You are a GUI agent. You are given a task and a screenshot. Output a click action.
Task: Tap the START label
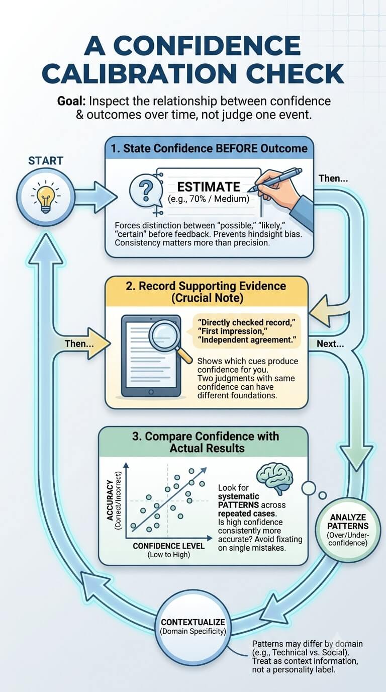tap(46, 160)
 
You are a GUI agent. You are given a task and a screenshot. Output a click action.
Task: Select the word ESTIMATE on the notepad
tap(209, 187)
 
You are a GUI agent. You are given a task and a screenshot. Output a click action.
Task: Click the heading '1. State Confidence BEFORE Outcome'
tap(210, 148)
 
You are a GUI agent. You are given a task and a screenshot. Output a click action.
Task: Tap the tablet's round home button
tap(151, 392)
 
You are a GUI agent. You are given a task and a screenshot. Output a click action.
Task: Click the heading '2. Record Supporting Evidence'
tap(206, 286)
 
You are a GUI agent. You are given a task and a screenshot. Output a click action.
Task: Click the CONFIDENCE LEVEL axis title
tap(168, 546)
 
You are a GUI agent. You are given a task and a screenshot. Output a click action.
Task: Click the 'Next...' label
tap(330, 344)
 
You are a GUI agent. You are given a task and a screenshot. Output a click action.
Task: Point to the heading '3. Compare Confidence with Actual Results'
tap(206, 442)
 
